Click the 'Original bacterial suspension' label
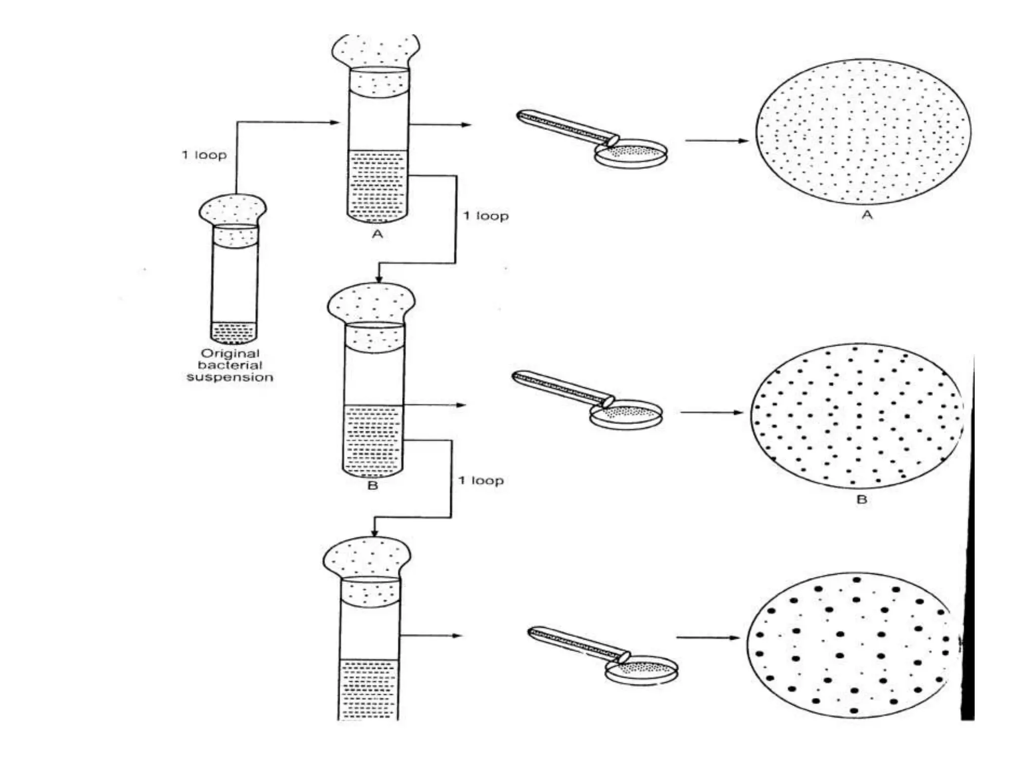coord(230,365)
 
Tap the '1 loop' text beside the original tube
coord(204,155)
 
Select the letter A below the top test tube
coord(378,234)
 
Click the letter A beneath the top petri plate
coord(867,215)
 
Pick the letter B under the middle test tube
coord(373,486)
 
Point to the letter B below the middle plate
coord(862,500)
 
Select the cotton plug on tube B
coord(372,304)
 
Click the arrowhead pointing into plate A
coord(743,141)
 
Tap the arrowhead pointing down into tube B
coord(379,279)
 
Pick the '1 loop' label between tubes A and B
coord(486,217)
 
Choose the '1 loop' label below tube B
coord(481,481)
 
